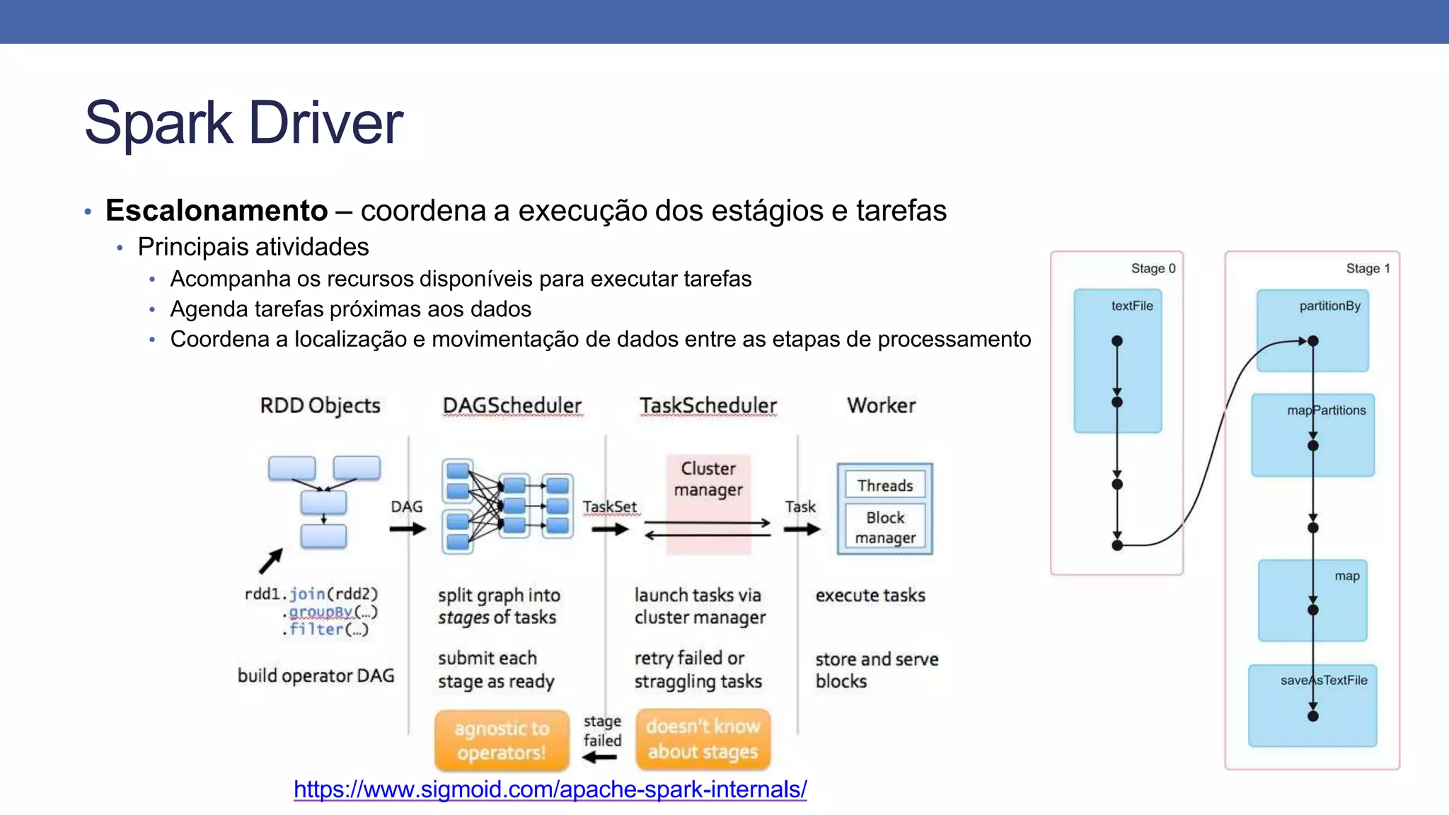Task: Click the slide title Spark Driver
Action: click(243, 123)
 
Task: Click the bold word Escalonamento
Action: click(217, 211)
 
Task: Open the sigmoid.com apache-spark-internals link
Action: click(550, 789)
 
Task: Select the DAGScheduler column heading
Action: click(512, 405)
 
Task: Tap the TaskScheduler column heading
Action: click(708, 405)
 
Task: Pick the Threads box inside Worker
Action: click(884, 485)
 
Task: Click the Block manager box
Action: click(884, 527)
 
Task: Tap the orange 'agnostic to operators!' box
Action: click(502, 740)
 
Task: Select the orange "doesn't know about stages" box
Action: click(703, 739)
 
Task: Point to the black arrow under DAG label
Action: click(408, 528)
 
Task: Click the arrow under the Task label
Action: click(802, 528)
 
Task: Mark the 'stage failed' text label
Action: click(602, 731)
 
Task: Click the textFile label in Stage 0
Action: click(1131, 306)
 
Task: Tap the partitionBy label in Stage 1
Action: click(1329, 306)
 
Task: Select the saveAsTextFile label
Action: click(1323, 680)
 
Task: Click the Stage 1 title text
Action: click(1368, 268)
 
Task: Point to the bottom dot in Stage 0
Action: click(1117, 545)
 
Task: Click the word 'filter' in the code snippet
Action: click(316, 629)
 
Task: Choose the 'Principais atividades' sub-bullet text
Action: click(253, 247)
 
